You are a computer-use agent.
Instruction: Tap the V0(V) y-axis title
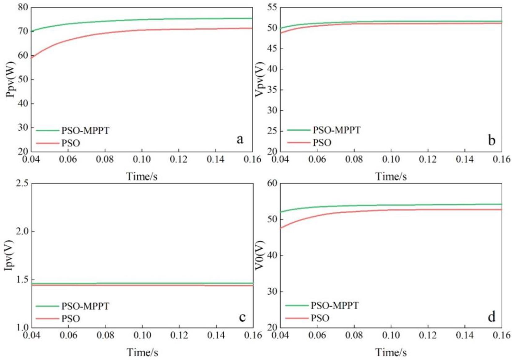(x=259, y=255)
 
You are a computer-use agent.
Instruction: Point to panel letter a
(x=240, y=139)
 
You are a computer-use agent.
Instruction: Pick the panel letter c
(x=242, y=317)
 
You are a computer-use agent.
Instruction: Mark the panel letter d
(x=491, y=317)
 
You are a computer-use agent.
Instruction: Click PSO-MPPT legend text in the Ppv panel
(x=85, y=131)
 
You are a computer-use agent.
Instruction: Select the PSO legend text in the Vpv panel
(x=322, y=143)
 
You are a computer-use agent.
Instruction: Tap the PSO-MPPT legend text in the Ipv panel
(x=85, y=306)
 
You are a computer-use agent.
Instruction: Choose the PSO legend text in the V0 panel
(x=320, y=318)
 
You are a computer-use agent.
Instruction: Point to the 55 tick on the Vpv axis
(x=272, y=7)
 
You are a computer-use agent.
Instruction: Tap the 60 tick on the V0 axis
(x=272, y=183)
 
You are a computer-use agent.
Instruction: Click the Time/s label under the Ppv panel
(x=142, y=176)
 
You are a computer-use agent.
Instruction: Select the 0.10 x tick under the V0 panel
(x=391, y=335)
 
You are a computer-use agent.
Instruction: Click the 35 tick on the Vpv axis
(x=272, y=90)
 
